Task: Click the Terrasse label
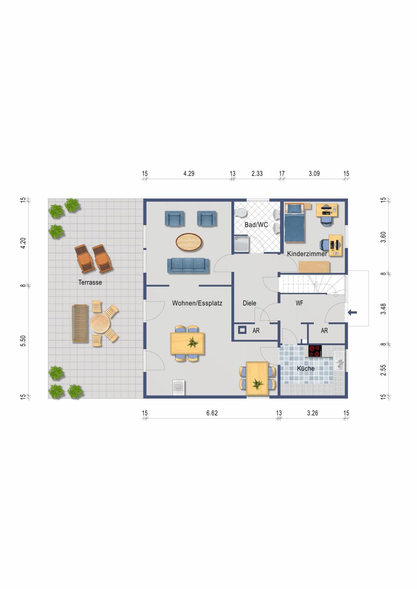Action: [x=90, y=283]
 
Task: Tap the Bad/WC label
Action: [x=256, y=225]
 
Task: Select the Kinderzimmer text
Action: [x=307, y=254]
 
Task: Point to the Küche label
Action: [x=306, y=369]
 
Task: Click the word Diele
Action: [x=249, y=303]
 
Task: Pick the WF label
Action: [x=299, y=303]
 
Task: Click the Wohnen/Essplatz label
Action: [x=197, y=303]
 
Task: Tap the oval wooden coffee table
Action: [x=189, y=242]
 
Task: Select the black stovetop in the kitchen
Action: [x=315, y=351]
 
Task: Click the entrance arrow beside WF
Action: [x=352, y=313]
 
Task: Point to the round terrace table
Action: [x=100, y=324]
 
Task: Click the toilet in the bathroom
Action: [x=240, y=213]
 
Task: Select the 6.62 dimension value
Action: [x=212, y=413]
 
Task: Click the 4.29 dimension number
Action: [x=189, y=174]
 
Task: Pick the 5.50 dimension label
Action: [x=23, y=341]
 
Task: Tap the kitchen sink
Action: [x=340, y=361]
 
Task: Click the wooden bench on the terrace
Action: [x=80, y=324]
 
